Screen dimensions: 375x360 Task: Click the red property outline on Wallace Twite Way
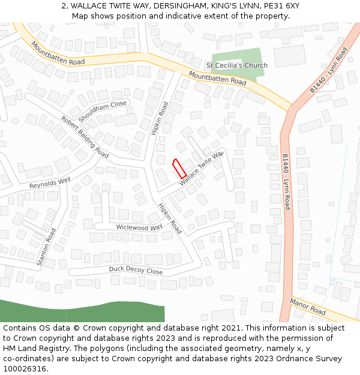pos(179,168)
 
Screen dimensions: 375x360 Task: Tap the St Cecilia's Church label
pos(236,65)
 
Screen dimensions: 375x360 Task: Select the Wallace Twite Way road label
pos(201,169)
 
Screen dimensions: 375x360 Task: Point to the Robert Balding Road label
pos(85,137)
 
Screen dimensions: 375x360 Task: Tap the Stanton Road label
pos(46,246)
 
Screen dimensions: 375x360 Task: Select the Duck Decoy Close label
pos(136,271)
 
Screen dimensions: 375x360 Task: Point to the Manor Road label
pos(308,306)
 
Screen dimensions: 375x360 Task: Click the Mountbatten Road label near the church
pos(217,77)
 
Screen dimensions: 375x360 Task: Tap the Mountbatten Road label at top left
pos(58,53)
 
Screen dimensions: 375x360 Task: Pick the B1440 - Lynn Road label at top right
pos(329,70)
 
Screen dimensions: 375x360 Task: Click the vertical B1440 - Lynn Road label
pos(287,181)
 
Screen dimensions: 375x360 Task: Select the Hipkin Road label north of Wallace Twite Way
pos(160,118)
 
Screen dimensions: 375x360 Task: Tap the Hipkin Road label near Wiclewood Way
pos(170,218)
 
